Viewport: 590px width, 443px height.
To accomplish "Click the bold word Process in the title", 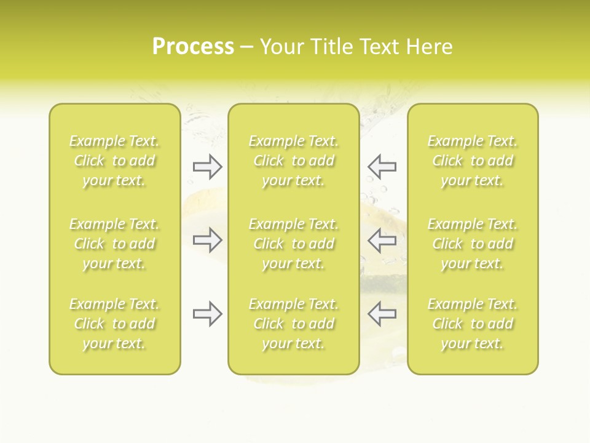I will click(x=193, y=46).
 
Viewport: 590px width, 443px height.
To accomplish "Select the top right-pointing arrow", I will click(x=208, y=166).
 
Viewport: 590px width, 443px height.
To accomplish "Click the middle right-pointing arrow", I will click(x=208, y=240).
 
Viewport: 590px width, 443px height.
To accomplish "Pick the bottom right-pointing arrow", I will click(x=208, y=314).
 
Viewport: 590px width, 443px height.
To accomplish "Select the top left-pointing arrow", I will click(x=382, y=166).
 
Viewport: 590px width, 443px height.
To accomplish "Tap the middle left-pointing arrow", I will click(x=382, y=240).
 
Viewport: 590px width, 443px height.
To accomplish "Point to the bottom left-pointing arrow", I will click(x=382, y=314).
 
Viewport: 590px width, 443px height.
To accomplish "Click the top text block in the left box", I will click(x=114, y=161).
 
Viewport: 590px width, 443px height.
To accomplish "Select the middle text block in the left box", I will click(x=114, y=244).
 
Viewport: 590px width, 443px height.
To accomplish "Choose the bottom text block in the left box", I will click(x=114, y=324).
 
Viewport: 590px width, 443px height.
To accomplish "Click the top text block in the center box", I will click(x=294, y=161).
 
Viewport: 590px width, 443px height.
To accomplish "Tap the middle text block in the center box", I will click(x=294, y=244).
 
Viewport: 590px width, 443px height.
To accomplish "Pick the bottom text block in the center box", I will click(x=294, y=324).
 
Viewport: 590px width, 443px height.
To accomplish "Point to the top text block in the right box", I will click(x=473, y=161).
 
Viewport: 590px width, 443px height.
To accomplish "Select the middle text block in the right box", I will click(x=473, y=244).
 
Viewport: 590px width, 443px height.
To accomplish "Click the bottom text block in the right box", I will click(x=473, y=324).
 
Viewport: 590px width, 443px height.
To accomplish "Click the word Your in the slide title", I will click(x=280, y=46).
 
